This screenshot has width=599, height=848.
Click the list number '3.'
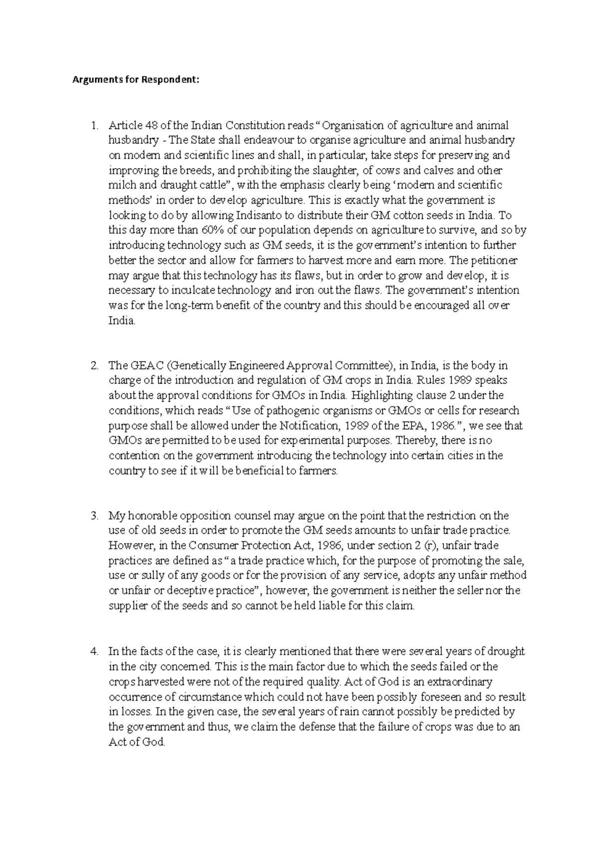click(94, 515)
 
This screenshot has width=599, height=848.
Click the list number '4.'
click(94, 651)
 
